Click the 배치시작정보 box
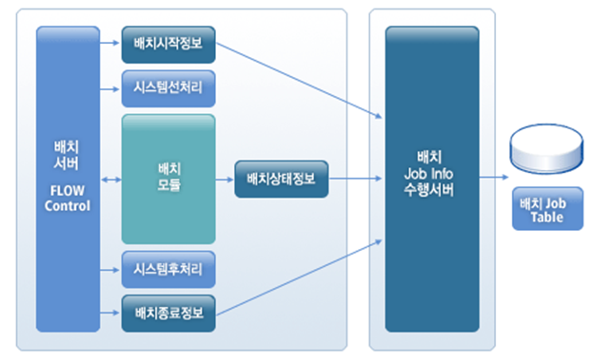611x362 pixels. pos(168,43)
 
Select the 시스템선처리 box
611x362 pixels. pos(168,88)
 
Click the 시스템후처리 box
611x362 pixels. pos(168,270)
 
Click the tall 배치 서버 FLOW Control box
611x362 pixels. pos(68,179)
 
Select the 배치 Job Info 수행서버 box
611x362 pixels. pos(431,179)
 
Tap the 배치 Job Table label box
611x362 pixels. pos(547,210)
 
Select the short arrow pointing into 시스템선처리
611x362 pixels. pos(110,88)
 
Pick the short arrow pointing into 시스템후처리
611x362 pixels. pos(110,270)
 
